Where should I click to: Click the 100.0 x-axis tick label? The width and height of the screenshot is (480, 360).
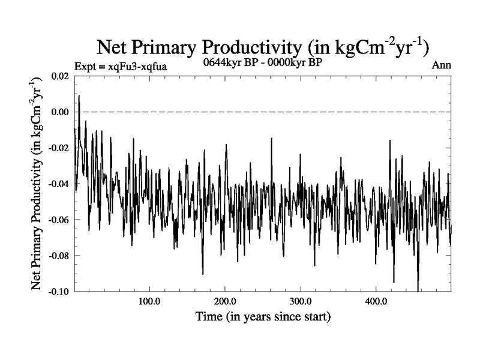coord(149,301)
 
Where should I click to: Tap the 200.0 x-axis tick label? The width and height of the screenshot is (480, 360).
coord(224,301)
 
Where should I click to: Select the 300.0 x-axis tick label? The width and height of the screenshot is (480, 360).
coord(300,301)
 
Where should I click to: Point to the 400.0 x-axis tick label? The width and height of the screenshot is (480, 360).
coord(376,301)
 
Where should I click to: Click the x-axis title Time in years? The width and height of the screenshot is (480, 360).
coord(263,316)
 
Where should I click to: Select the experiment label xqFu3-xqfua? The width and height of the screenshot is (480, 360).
coord(119,65)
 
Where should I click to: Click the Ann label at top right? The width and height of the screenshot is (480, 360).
coord(442,65)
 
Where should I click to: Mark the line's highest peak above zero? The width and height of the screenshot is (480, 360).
coord(79,95)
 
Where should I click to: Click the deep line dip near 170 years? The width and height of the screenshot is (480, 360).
coord(203,274)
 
